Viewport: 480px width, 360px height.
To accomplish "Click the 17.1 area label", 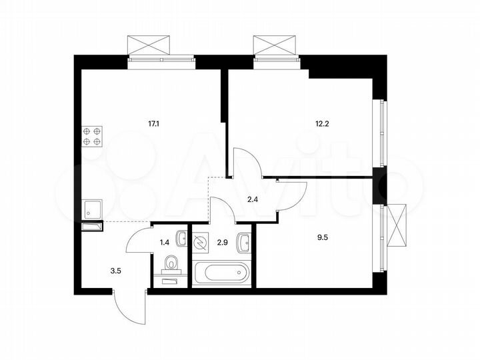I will tap(154, 123).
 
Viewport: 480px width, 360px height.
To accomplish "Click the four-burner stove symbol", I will tap(92, 136).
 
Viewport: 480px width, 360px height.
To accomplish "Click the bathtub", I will tap(221, 273).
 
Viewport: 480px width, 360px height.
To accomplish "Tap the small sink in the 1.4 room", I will tap(181, 237).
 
